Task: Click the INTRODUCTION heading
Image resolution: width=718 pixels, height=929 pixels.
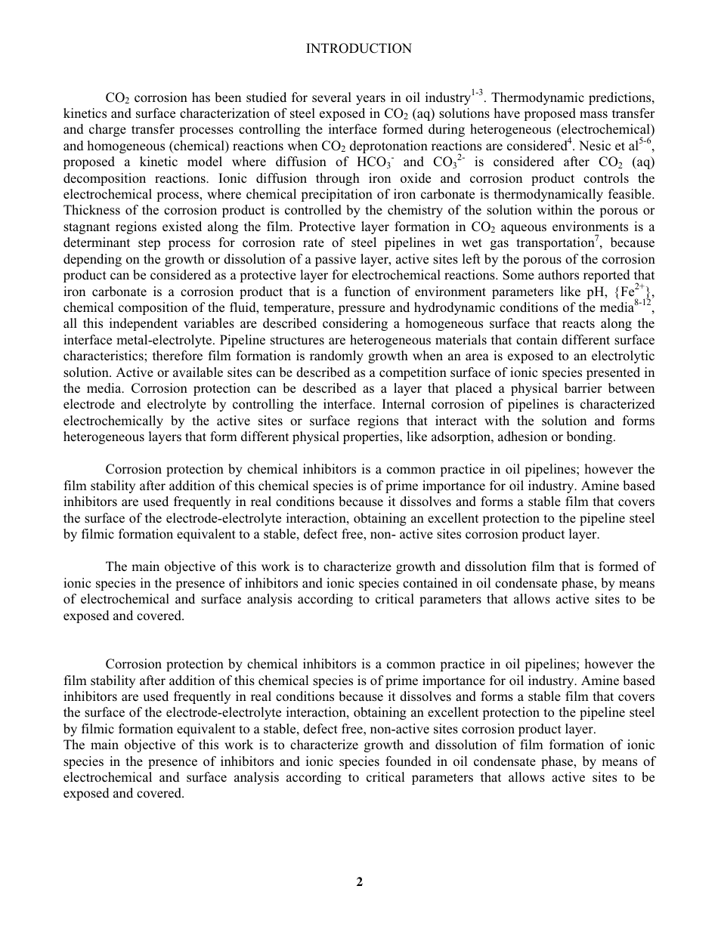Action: (358, 49)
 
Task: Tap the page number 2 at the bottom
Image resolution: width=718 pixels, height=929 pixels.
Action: (360, 881)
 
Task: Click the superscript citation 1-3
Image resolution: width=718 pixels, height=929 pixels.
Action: (477, 94)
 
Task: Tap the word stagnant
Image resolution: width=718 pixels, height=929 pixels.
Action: (88, 227)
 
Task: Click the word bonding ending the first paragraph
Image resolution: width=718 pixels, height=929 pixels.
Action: (592, 437)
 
